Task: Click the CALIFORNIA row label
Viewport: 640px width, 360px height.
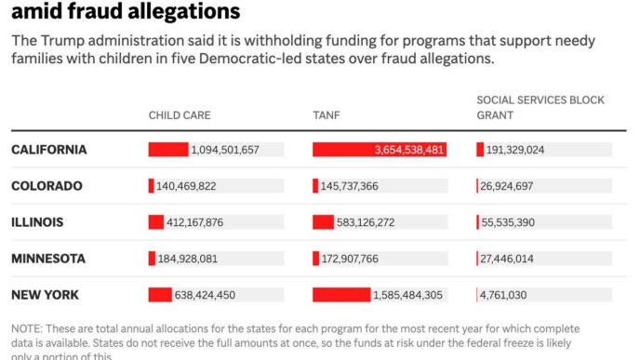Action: (48, 150)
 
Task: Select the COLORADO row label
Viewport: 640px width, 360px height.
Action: (47, 186)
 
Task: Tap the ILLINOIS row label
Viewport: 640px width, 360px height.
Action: (37, 222)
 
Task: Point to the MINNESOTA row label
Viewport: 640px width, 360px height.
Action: (48, 259)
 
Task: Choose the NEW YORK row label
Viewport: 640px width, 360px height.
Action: (45, 295)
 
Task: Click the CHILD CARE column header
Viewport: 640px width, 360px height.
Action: (180, 115)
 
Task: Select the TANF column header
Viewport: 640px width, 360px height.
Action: (326, 115)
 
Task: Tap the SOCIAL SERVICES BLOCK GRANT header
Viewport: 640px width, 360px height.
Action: (540, 108)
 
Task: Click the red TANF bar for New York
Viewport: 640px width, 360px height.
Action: (340, 295)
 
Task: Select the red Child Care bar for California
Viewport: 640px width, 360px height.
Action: (168, 150)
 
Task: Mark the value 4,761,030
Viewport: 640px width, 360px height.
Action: (503, 295)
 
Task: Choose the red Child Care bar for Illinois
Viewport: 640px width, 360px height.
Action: (155, 222)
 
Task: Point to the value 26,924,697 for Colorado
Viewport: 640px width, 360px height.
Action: (511, 186)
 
